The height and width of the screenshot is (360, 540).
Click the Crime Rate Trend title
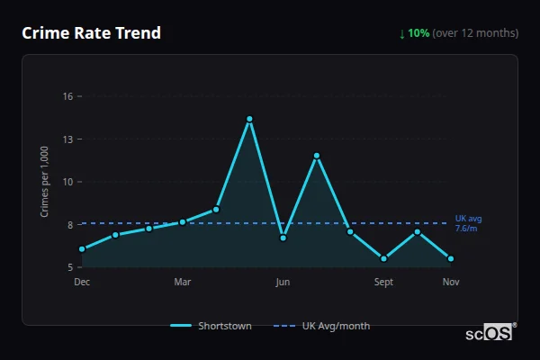[x=91, y=33]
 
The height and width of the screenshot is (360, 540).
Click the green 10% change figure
[x=418, y=33]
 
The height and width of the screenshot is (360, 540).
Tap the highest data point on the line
[x=249, y=119]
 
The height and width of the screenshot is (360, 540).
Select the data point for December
[x=82, y=249]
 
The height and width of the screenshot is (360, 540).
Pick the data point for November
[x=451, y=258]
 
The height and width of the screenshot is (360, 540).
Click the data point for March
[x=183, y=221]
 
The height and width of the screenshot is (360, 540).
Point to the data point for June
[x=283, y=238]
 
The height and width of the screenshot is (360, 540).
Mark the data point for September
[x=384, y=258]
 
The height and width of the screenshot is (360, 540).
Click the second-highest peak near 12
[x=317, y=156]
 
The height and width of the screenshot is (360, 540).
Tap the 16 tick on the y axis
[x=67, y=96]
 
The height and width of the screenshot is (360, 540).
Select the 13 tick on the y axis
[x=67, y=139]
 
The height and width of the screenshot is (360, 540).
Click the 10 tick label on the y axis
[x=67, y=182]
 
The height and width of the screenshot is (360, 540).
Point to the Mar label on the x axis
[x=183, y=283]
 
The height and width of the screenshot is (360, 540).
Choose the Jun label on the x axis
[x=283, y=283]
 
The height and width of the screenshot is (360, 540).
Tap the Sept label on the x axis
[x=384, y=283]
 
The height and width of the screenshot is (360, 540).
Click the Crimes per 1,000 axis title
[x=45, y=181]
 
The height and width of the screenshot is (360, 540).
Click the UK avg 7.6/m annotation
[x=468, y=223]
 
